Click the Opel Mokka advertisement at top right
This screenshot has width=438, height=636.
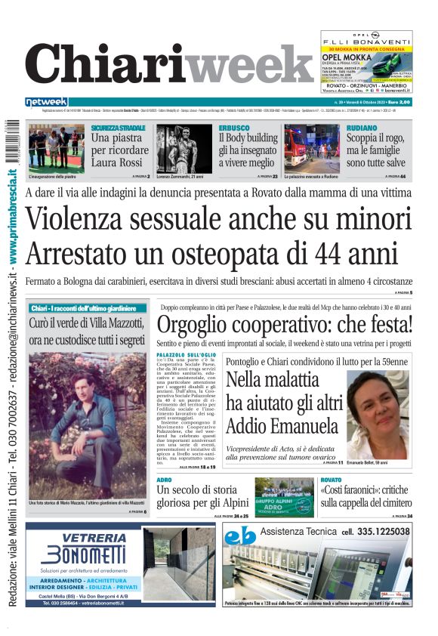click(x=366, y=63)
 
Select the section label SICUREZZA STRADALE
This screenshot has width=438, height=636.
click(x=119, y=128)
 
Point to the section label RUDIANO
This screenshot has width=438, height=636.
click(x=361, y=128)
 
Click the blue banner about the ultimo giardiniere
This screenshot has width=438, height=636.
click(x=88, y=308)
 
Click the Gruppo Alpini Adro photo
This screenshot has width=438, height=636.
click(x=284, y=496)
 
